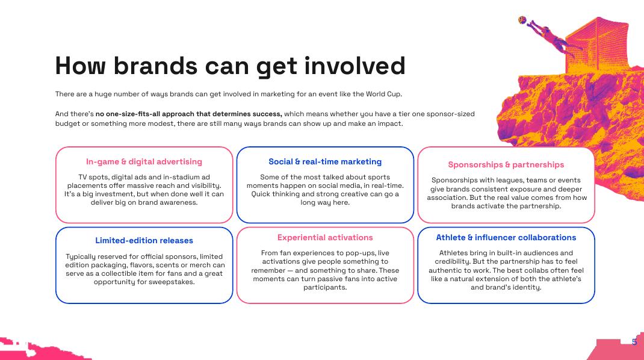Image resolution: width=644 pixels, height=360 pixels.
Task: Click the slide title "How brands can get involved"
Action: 230,66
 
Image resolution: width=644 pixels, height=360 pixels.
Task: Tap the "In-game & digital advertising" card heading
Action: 144,161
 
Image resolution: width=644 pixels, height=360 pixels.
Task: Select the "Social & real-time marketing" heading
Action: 325,161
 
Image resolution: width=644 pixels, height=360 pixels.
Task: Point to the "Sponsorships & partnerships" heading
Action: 506,165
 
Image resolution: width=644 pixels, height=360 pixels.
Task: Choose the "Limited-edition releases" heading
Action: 144,240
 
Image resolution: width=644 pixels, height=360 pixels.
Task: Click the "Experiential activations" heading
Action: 325,238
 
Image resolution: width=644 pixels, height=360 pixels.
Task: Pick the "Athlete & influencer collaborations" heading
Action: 506,238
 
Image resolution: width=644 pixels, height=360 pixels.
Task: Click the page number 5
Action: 634,341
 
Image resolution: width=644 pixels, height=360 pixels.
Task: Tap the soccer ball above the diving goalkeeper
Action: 522,20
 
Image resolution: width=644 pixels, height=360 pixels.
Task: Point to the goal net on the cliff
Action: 598,43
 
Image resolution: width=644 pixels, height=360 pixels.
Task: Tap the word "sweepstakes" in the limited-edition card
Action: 173,282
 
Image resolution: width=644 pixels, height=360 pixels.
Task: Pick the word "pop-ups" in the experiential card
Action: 360,253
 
